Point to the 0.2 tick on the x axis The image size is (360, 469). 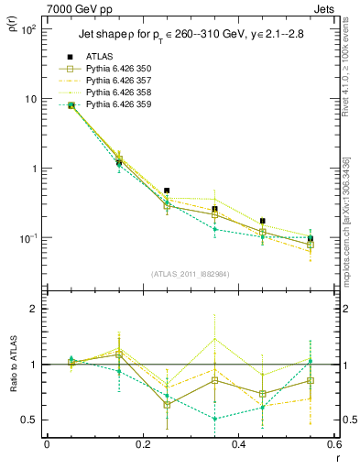[x=143, y=444]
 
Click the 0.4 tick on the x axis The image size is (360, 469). [x=239, y=444]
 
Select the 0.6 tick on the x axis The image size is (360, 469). [x=333, y=444]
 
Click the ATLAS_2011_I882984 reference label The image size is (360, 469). [x=191, y=274]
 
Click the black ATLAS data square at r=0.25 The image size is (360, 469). [x=167, y=191]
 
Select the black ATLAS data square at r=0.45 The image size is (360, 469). [x=263, y=221]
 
